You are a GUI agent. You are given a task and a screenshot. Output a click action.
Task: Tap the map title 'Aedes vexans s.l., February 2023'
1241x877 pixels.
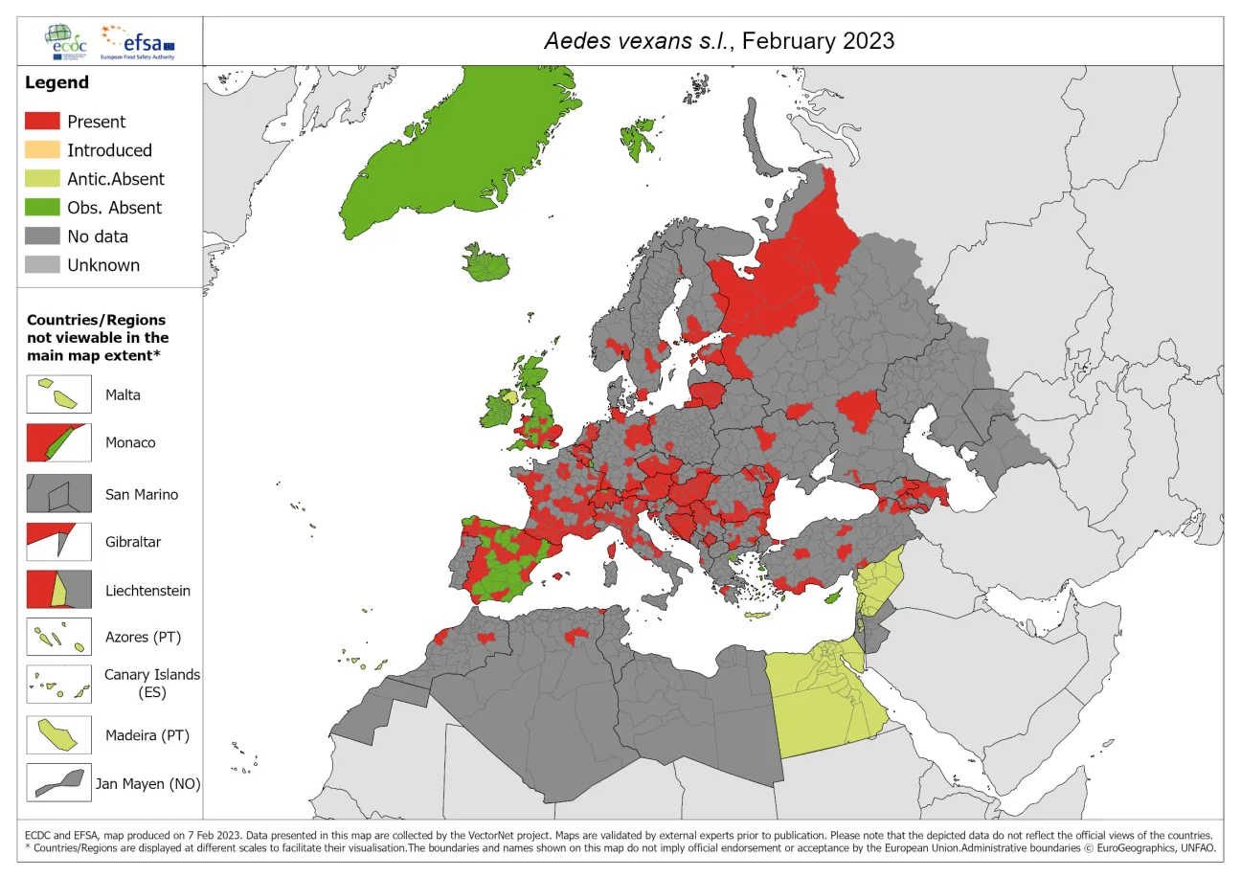coord(718,40)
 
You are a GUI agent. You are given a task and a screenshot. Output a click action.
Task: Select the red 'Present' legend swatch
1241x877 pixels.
coord(41,122)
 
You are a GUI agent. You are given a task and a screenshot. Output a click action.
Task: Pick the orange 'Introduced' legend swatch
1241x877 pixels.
coord(41,150)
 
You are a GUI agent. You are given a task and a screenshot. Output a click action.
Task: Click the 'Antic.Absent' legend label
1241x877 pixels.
coord(115,179)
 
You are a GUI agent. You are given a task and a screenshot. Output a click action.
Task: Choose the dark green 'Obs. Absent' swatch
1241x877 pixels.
coord(41,208)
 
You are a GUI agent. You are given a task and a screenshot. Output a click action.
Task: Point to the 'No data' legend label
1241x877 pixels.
coord(97,236)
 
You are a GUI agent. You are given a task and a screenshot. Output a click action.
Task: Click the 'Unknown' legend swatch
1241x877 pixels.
coord(41,265)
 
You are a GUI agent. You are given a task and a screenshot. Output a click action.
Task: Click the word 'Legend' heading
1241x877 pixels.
coord(56,82)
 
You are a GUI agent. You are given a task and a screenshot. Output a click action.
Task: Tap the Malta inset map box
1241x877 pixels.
coord(58,394)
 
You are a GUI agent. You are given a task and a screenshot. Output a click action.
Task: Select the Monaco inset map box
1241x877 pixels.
coord(58,442)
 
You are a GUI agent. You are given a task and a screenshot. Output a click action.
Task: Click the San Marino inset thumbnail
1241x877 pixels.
coord(58,494)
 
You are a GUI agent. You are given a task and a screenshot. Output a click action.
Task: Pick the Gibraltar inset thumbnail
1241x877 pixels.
coord(58,541)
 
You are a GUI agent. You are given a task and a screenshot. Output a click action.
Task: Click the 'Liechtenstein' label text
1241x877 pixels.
coord(147,591)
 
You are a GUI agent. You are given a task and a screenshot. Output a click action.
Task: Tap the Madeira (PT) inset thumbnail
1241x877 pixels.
coord(58,735)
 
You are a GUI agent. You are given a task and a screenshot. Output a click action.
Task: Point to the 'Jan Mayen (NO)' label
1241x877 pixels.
coord(147,784)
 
